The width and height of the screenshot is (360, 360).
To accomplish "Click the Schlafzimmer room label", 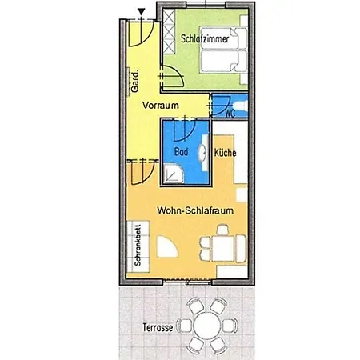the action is (205, 38).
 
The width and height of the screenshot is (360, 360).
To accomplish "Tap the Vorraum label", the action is (161, 106).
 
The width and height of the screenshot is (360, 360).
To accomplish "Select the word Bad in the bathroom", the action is (182, 152).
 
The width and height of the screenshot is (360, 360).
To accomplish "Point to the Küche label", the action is (226, 153).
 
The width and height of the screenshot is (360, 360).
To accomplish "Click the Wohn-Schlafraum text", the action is (195, 210).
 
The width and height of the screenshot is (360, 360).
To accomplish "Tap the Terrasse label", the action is (158, 327).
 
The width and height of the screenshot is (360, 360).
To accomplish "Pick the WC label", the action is (230, 113).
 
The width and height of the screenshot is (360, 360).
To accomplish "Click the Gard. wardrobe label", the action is (135, 82).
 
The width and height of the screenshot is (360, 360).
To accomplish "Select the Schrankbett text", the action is (138, 245).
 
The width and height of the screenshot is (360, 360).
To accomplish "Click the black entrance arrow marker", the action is (142, 11).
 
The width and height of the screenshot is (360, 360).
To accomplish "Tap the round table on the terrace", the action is (207, 326).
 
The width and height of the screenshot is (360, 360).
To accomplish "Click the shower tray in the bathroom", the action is (174, 174).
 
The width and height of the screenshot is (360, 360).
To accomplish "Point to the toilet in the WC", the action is (242, 106).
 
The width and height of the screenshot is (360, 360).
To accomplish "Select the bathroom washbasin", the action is (203, 153).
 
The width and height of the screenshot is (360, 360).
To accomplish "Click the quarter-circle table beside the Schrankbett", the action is (166, 247).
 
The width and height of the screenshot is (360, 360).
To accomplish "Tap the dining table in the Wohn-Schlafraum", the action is (223, 248).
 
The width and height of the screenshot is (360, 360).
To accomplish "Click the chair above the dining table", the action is (223, 230).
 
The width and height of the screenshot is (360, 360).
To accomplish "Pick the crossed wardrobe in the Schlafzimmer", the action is (169, 31).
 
